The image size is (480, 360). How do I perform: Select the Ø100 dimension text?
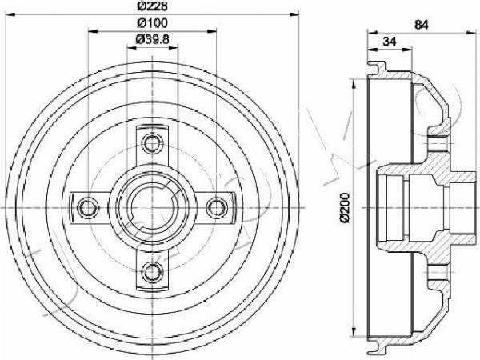coord(152,23)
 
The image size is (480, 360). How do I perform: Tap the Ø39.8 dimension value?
coord(152,40)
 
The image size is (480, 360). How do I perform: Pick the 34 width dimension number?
coord(390,41)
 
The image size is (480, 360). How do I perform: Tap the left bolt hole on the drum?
coord(88,208)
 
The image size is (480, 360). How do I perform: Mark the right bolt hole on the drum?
coord(215,208)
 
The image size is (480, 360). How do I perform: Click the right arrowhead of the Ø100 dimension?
coord(212,31)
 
